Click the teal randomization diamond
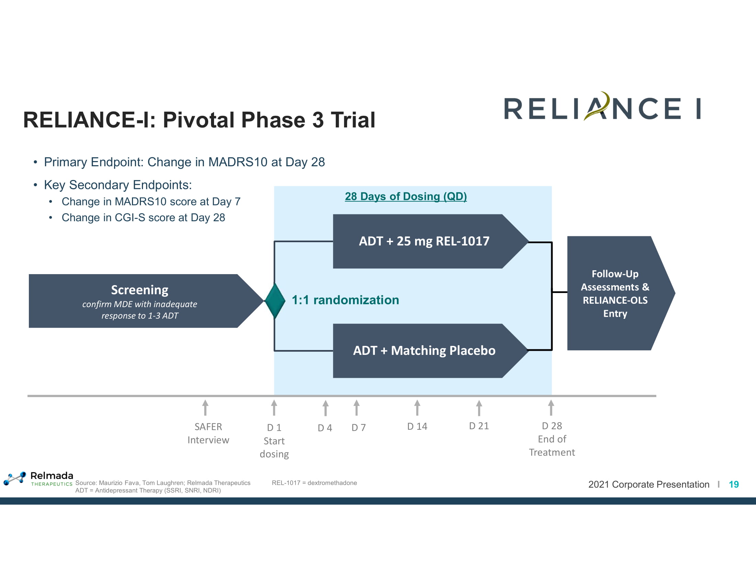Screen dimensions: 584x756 click(275, 301)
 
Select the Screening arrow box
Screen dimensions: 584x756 click(140, 301)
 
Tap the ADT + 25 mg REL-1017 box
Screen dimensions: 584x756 click(424, 241)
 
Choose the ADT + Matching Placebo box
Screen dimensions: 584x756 click(424, 350)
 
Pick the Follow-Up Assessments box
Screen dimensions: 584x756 click(615, 293)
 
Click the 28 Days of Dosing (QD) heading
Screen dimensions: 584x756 click(406, 196)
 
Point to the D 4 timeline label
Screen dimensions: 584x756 click(325, 428)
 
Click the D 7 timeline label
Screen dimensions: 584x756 click(358, 428)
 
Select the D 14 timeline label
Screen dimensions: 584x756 click(417, 426)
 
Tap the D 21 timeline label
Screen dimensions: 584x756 click(479, 426)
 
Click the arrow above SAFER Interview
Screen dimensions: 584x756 click(205, 407)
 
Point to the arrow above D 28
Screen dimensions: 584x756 click(551, 407)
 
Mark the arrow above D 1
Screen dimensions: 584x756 click(274, 407)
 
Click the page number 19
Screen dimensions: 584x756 click(734, 484)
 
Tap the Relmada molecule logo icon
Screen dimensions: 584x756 click(15, 478)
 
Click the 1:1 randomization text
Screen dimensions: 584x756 click(345, 300)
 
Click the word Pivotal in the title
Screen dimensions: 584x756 click(199, 120)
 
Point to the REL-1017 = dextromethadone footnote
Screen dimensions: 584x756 click(314, 483)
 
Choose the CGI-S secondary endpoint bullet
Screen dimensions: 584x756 click(143, 217)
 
